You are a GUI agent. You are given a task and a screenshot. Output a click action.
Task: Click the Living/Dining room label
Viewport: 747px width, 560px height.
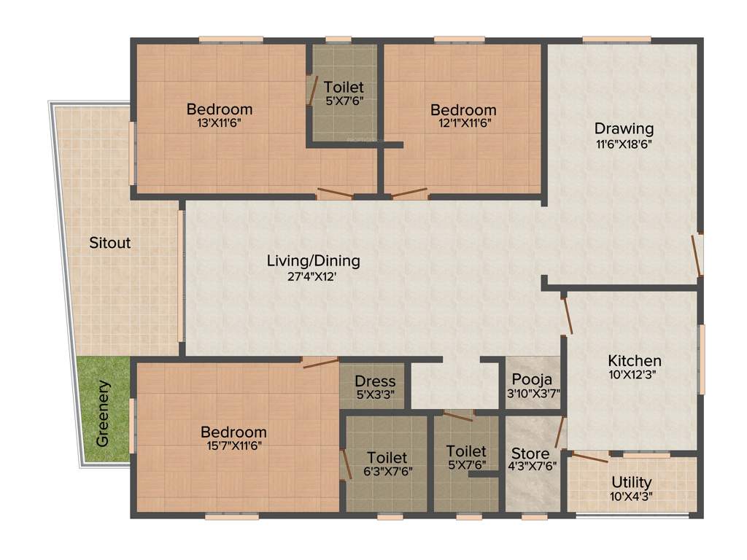313,260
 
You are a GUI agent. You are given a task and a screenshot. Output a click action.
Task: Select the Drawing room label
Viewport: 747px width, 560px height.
623,129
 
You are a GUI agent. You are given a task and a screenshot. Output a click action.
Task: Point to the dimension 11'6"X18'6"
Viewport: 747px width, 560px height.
623,144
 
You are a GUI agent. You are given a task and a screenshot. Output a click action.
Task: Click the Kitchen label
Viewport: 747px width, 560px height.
635,360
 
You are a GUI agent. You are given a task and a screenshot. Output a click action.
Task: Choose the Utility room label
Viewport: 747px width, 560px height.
632,483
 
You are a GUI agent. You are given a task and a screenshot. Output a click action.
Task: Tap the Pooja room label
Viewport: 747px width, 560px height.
532,379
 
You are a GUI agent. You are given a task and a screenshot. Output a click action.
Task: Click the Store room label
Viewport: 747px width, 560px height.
530,454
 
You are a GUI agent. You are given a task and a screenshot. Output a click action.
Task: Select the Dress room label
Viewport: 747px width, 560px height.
375,381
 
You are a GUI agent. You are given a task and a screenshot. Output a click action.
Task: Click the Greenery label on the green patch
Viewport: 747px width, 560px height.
103,413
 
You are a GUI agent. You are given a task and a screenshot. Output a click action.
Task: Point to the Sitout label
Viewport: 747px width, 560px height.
110,242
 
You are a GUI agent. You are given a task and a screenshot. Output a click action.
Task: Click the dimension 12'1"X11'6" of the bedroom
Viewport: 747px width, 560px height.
463,123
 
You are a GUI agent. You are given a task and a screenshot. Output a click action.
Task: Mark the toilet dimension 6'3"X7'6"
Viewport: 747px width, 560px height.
387,471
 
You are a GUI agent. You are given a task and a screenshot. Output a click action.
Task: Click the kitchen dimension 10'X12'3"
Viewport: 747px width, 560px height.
635,375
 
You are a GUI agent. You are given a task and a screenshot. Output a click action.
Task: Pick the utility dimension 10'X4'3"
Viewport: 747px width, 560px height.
632,497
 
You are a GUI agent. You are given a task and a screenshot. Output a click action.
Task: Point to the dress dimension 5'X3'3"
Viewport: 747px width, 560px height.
375,394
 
